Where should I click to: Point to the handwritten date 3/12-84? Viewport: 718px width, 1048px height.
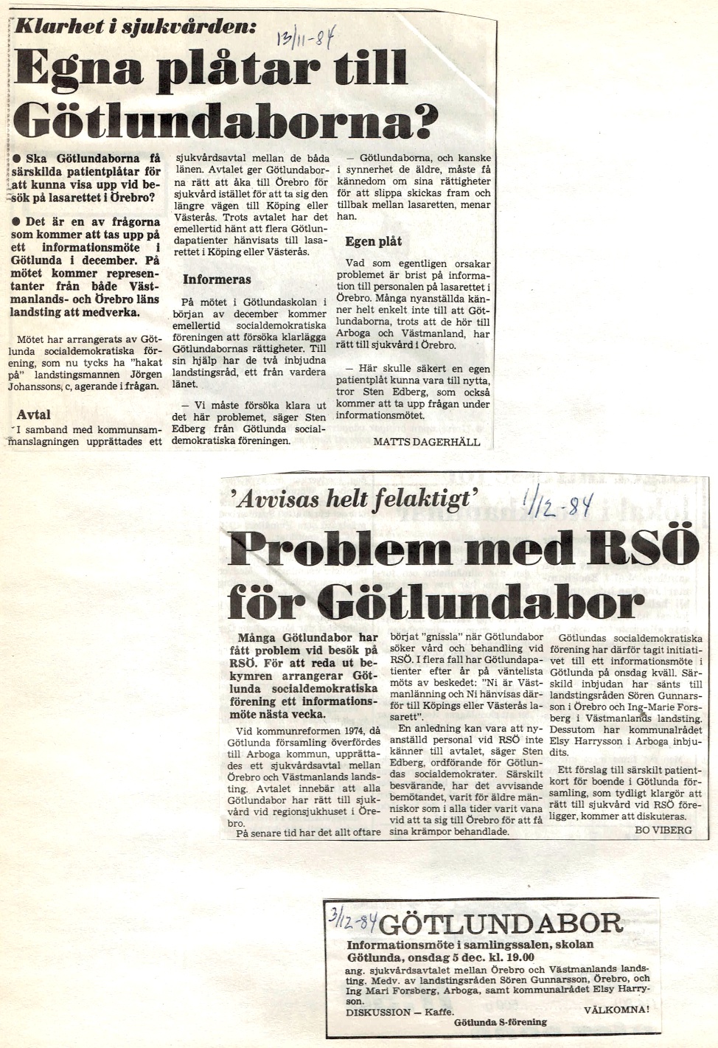tap(353, 919)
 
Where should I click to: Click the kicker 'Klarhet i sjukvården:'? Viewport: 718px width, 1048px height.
tap(136, 27)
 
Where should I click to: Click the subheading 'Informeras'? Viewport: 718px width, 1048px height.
tap(217, 280)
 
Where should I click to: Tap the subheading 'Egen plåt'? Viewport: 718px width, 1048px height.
tap(374, 241)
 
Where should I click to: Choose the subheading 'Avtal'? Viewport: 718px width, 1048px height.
tap(34, 414)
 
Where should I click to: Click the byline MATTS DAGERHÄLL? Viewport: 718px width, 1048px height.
tap(427, 442)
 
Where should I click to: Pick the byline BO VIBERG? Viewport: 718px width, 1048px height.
tap(663, 830)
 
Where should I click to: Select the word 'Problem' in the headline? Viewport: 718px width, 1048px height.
tap(340, 549)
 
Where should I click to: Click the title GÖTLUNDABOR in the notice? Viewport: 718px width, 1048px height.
tap(502, 923)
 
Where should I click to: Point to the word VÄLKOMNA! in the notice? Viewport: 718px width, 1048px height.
tap(616, 1010)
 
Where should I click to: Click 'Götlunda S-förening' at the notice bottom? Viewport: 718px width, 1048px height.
tap(501, 1022)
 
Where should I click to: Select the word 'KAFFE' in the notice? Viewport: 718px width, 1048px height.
tap(440, 1012)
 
